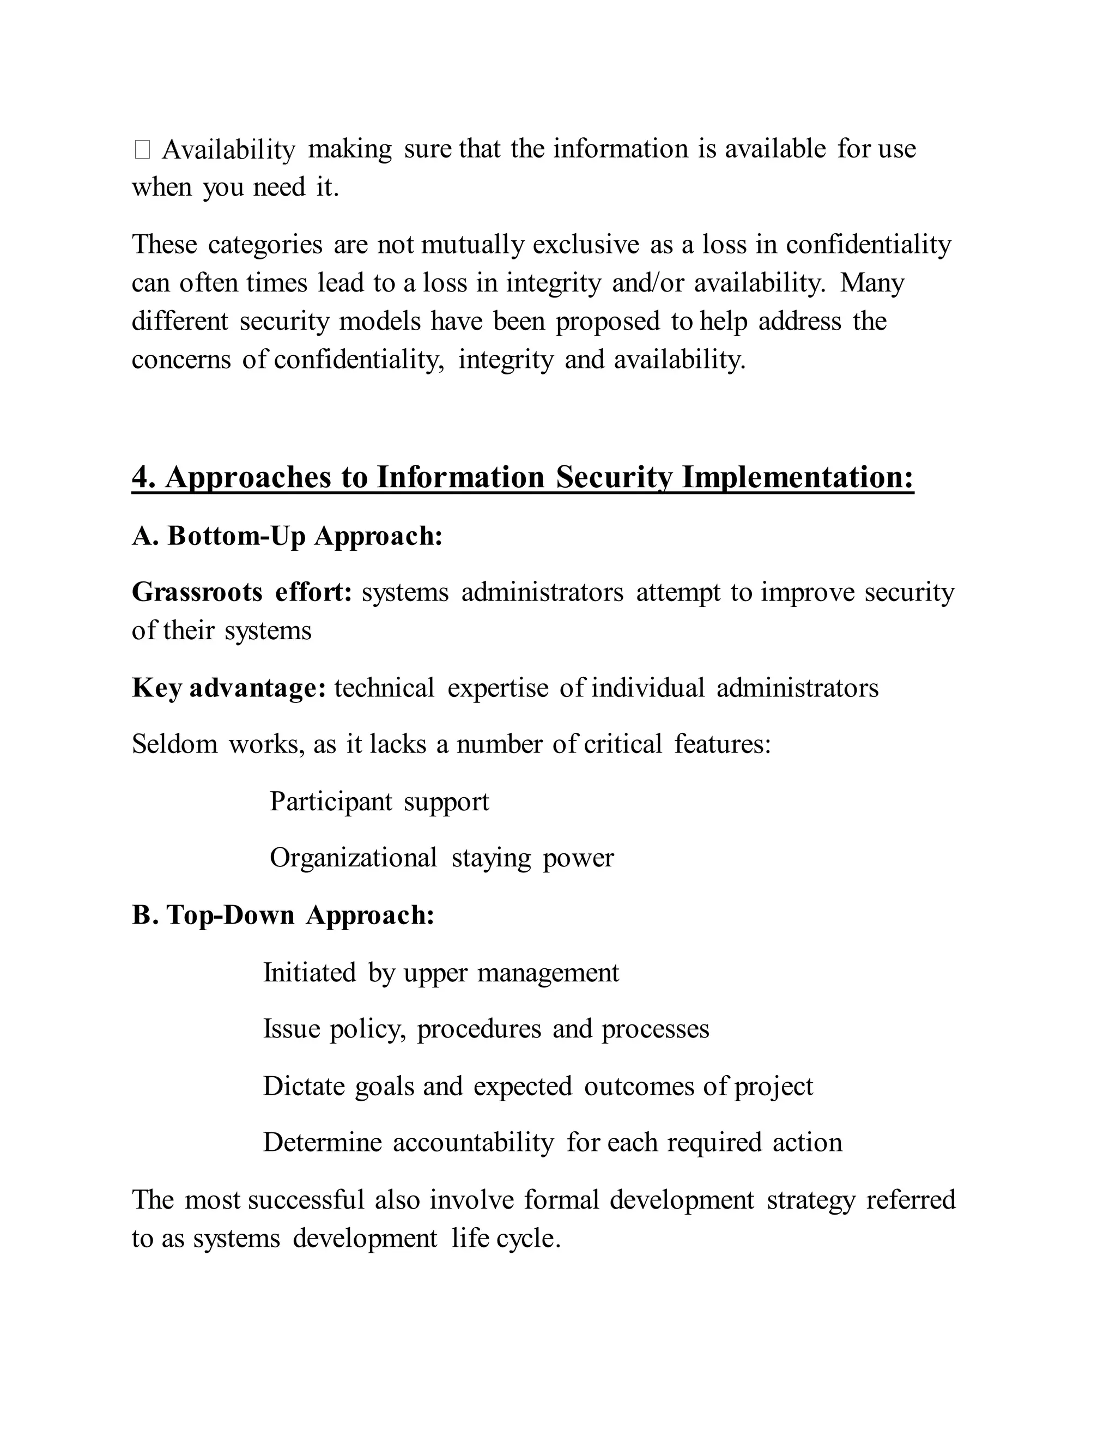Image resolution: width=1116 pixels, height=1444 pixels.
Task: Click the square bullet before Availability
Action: [142, 150]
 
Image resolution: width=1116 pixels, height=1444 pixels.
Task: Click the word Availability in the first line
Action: [228, 150]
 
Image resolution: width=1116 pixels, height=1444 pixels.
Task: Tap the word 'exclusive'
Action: [586, 245]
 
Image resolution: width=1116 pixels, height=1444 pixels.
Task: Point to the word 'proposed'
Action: [608, 322]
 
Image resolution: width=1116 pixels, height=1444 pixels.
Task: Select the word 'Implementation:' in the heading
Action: [798, 477]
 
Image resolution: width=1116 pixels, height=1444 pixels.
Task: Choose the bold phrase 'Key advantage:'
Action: [229, 688]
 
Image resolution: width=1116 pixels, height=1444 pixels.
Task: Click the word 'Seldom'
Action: [174, 744]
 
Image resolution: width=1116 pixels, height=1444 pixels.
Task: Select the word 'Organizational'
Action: [353, 858]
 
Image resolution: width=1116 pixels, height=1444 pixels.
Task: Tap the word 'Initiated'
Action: [310, 973]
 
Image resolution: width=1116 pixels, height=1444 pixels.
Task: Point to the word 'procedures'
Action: [478, 1029]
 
